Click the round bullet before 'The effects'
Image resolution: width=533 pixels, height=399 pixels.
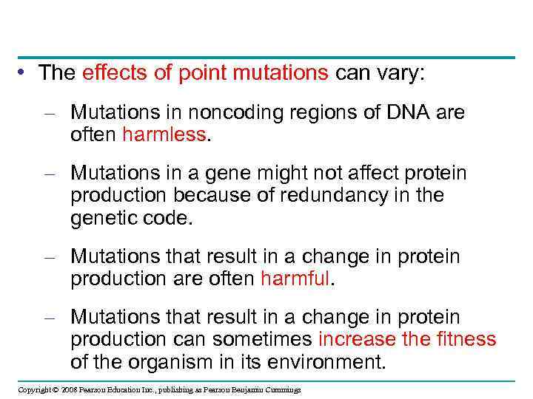point(25,72)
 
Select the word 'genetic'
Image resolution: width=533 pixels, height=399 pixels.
point(101,218)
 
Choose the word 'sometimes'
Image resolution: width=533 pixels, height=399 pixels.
point(264,339)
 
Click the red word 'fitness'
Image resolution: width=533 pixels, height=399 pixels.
point(466,339)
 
